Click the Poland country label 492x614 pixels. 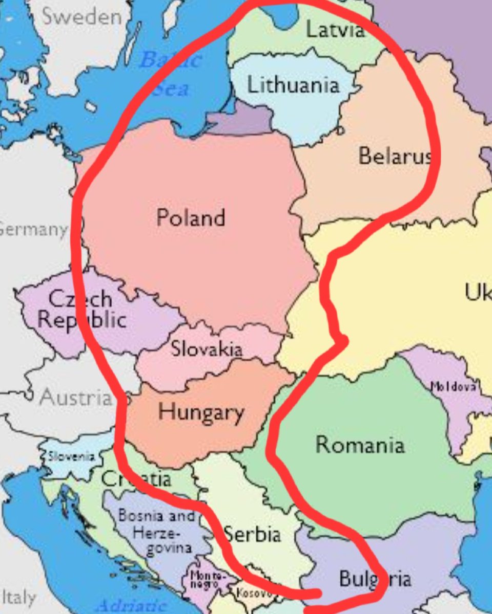pyautogui.click(x=191, y=218)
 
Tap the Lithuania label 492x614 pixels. pyautogui.click(x=293, y=85)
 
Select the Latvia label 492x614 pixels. pyautogui.click(x=336, y=30)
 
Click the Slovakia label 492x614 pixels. pyautogui.click(x=207, y=349)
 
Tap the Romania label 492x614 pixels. pyautogui.click(x=360, y=444)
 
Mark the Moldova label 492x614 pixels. pyautogui.click(x=453, y=386)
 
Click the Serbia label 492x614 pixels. pyautogui.click(x=253, y=534)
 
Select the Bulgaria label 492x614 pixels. pyautogui.click(x=375, y=579)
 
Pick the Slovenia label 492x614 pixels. pyautogui.click(x=71, y=456)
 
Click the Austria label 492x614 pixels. pyautogui.click(x=76, y=397)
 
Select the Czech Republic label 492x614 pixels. pyautogui.click(x=82, y=309)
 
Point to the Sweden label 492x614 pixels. pyautogui.click(x=82, y=17)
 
